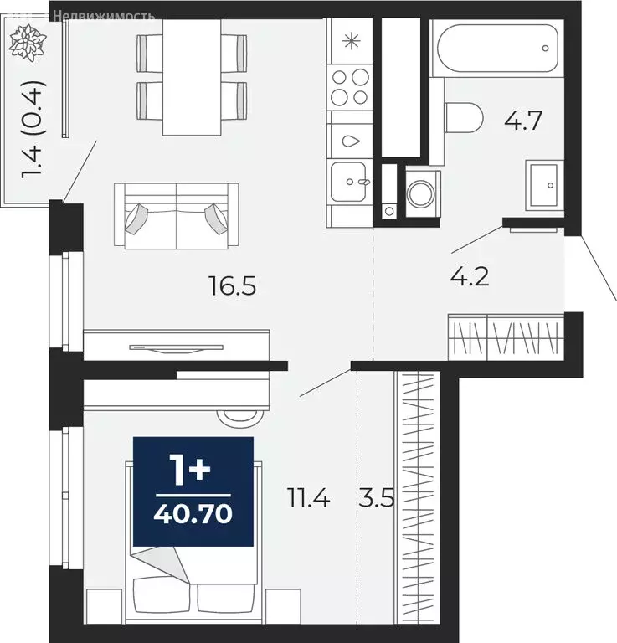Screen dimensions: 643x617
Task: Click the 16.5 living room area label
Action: [232, 287]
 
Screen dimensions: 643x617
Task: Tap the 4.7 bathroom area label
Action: [524, 121]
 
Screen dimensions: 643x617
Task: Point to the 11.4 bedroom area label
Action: [308, 501]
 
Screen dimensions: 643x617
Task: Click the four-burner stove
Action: [349, 88]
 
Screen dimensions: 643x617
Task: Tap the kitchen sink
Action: [350, 182]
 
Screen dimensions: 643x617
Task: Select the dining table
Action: [193, 75]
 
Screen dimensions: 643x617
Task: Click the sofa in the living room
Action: [176, 214]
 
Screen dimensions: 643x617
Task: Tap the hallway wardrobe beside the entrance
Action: [505, 337]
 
